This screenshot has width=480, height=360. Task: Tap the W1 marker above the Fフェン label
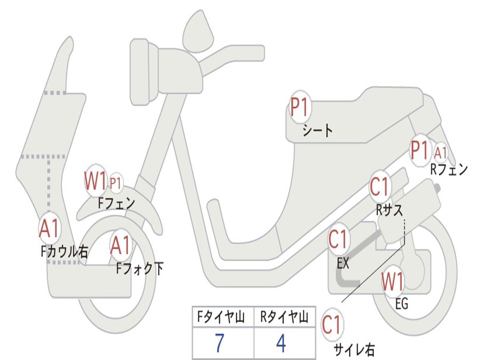coord(95,180)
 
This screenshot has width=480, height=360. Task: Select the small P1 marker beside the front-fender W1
coord(116,183)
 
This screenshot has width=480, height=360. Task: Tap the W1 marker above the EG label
coord(393,281)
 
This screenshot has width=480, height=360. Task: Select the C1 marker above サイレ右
coord(332,324)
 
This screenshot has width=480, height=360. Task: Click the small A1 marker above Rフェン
coord(440,152)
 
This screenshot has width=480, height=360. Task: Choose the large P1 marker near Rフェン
coord(420,150)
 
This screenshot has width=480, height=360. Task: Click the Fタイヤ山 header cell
coord(223,317)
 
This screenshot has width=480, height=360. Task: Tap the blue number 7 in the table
coord(219,343)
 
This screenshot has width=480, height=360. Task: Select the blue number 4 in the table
coord(281,343)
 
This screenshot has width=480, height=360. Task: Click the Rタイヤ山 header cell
coord(285,317)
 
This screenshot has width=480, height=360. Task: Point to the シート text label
coord(317,131)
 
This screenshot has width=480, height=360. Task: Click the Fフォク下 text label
coord(140,269)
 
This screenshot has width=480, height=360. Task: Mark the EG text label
coord(402,304)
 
